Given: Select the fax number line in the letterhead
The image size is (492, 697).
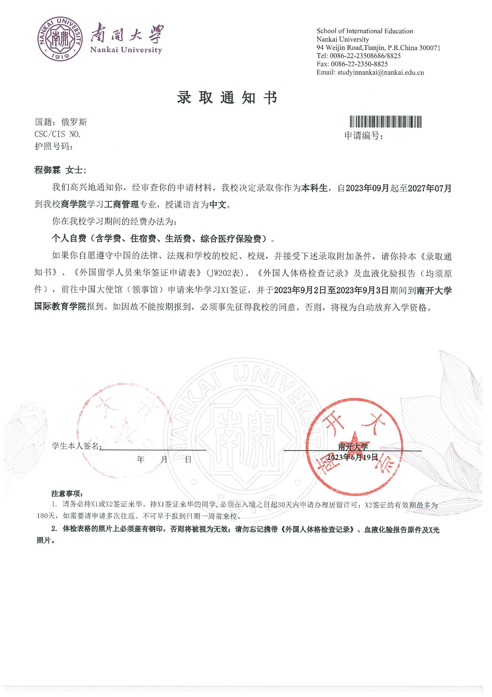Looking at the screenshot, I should tap(352, 64).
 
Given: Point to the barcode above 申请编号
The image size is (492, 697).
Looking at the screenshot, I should tap(386, 122).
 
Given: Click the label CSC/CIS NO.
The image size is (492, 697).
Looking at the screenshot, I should tap(58, 134).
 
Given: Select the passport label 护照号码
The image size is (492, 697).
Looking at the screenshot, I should tap(54, 147).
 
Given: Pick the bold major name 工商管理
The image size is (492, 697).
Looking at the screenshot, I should tap(121, 205).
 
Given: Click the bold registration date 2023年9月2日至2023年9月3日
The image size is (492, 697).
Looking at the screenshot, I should tap(331, 290).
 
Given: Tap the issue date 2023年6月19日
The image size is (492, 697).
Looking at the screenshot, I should tap(352, 458).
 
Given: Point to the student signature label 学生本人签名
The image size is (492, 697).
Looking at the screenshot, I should tap(76, 446).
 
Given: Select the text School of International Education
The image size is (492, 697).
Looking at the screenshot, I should tap(365, 31).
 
